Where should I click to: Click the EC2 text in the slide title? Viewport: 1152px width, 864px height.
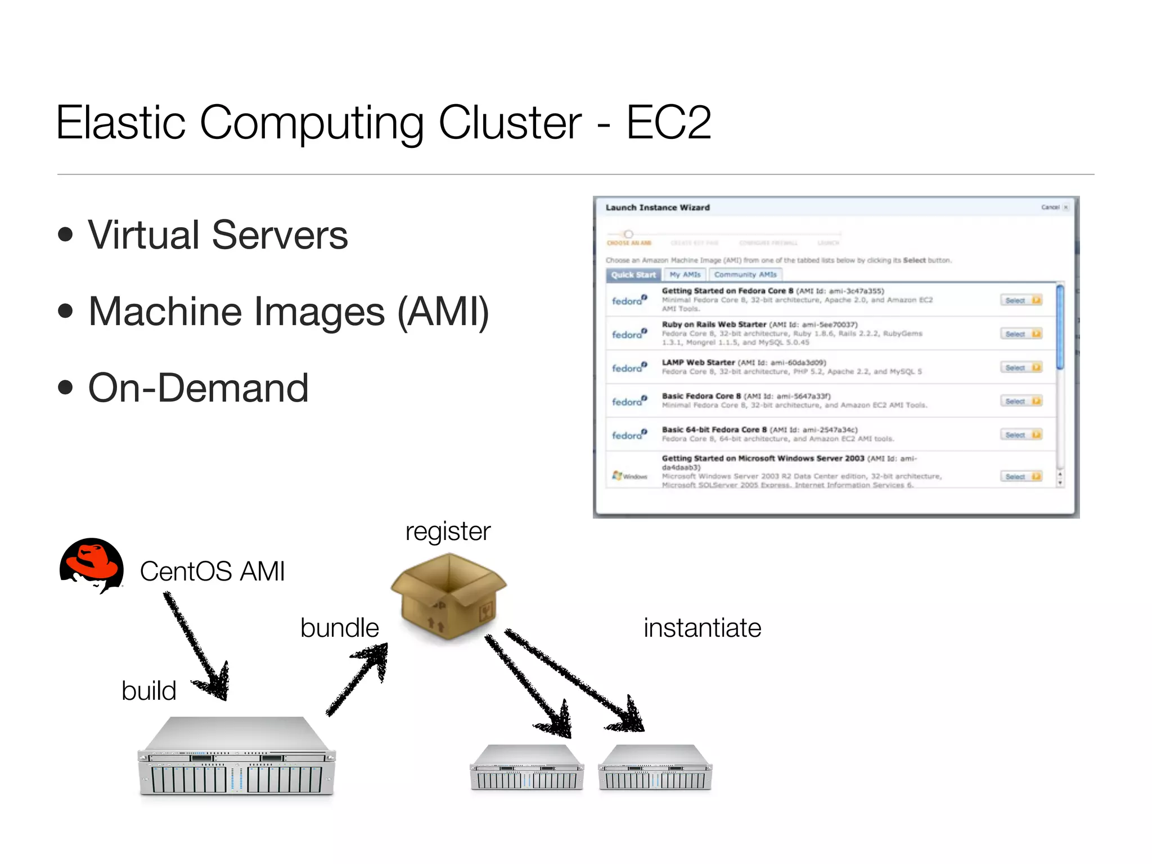coord(668,122)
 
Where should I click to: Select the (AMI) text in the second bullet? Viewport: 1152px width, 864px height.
coord(443,312)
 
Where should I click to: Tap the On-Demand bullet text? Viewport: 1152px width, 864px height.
coord(198,388)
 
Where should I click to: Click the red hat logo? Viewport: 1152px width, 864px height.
coord(91,565)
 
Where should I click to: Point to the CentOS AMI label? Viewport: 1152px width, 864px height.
coord(212,571)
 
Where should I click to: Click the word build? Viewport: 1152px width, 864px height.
coord(148,691)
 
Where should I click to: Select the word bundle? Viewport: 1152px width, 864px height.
coord(339,628)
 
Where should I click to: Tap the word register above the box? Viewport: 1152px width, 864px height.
coord(448,531)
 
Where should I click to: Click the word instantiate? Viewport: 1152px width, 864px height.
coord(702,628)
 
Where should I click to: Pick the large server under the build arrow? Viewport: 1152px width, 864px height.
coord(236,757)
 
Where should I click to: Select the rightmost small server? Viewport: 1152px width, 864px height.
coord(655,768)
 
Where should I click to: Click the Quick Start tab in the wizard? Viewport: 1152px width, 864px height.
coord(633,275)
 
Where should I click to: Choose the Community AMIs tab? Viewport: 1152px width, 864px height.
coord(745,275)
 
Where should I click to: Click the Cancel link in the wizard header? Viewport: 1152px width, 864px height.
coord(1050,208)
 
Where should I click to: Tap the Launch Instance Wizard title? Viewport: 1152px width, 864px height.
coord(657,208)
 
